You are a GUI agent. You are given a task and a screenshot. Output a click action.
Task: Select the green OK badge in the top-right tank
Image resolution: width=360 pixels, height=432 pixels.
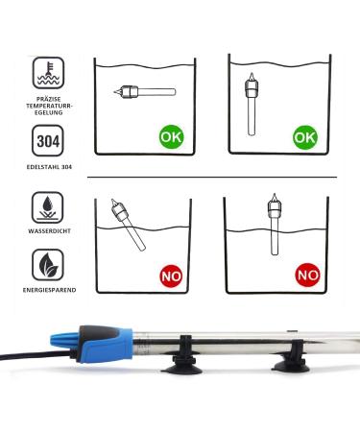click(305, 137)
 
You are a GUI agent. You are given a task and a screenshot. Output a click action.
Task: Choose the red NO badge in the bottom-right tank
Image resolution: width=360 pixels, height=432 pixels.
click(307, 276)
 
